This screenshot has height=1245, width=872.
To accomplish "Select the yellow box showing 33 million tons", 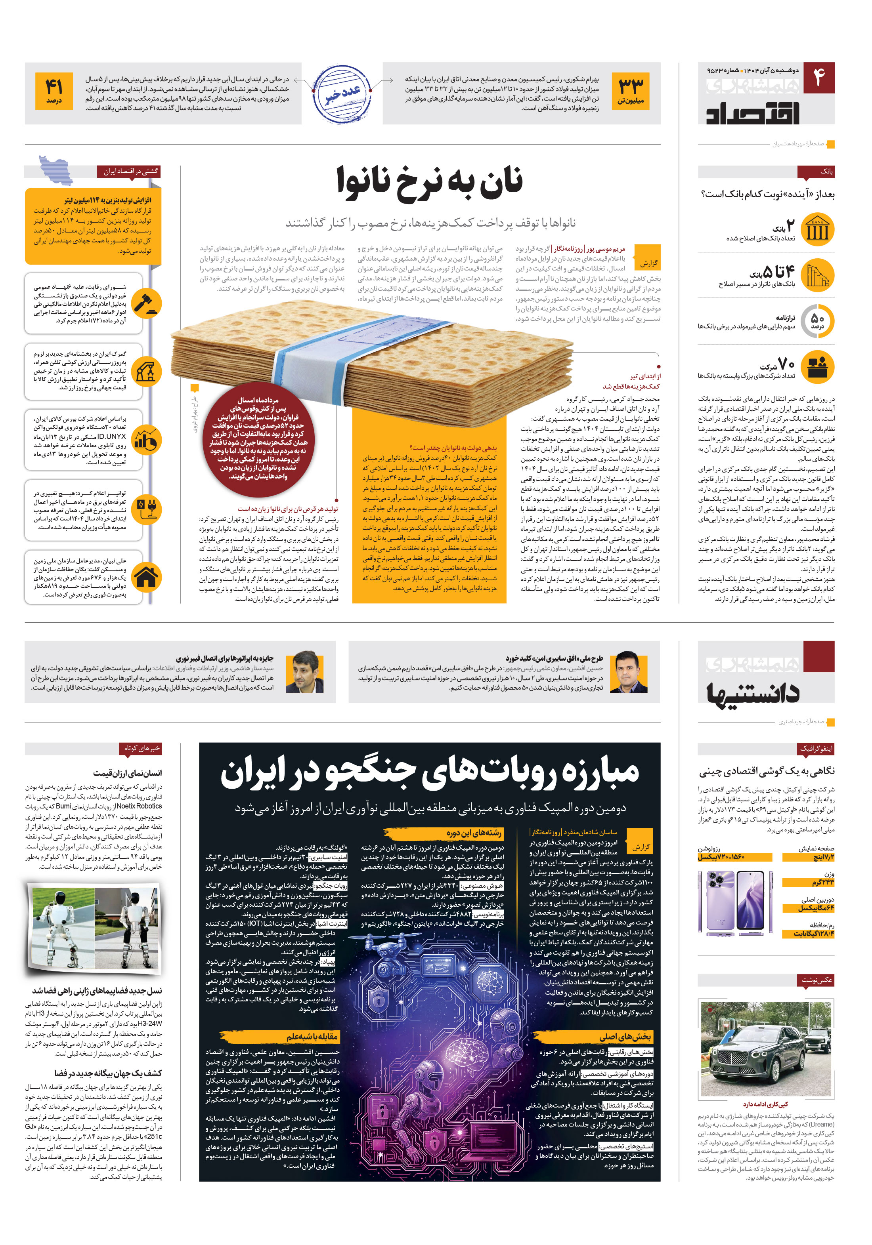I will tap(631, 91).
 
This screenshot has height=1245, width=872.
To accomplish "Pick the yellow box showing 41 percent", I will tap(54, 91).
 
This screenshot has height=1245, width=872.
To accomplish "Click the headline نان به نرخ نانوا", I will tap(430, 181).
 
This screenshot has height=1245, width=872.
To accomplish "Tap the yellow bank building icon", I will tap(817, 229).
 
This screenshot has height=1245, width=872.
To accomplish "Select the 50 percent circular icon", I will tap(817, 322).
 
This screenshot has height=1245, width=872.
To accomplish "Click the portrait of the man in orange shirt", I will tap(628, 672).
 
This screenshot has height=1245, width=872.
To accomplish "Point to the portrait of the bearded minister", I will tap(304, 672).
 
